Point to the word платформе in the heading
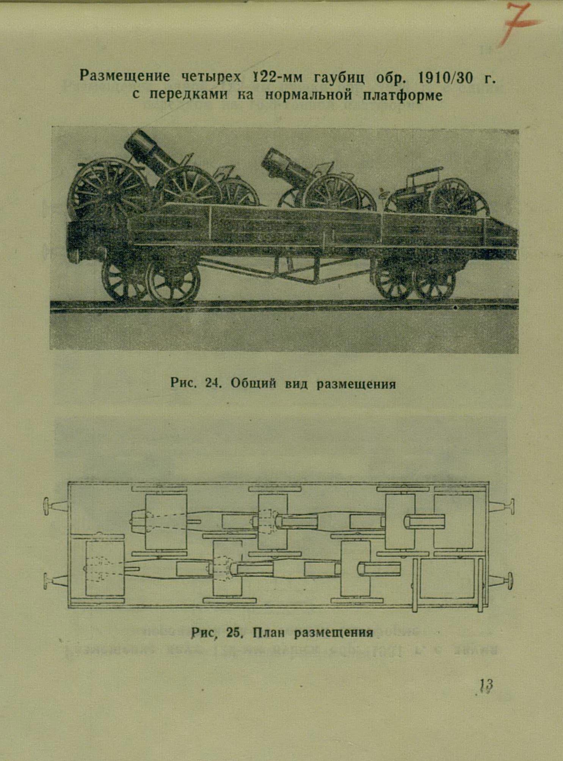click(x=403, y=95)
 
